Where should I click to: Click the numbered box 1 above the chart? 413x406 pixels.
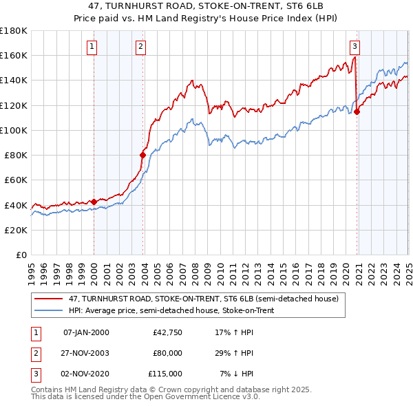pyautogui.click(x=92, y=47)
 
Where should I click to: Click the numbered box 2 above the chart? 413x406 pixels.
pyautogui.click(x=140, y=47)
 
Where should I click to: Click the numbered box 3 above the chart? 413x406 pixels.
pyautogui.click(x=354, y=47)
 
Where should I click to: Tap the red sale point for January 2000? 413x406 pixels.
pyautogui.click(x=94, y=202)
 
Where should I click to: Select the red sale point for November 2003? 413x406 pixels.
pyautogui.click(x=142, y=155)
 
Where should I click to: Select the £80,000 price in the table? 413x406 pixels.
pyautogui.click(x=167, y=353)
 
